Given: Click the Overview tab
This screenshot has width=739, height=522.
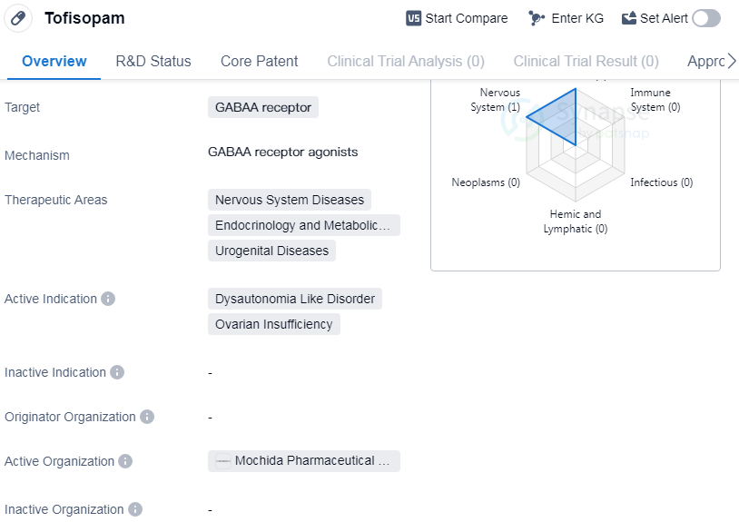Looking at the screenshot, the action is [x=54, y=61].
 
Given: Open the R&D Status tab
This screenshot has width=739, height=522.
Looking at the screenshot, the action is [x=153, y=61].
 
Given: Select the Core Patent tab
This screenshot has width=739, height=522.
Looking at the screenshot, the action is [x=260, y=61].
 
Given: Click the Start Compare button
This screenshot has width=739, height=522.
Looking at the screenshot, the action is [x=457, y=18].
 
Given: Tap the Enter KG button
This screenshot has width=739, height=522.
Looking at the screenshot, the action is [x=566, y=18].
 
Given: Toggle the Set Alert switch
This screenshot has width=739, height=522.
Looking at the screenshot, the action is [x=706, y=18].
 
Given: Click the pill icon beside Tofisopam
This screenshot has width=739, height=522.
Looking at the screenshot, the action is [x=18, y=18].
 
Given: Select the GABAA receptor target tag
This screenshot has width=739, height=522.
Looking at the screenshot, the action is [x=263, y=107].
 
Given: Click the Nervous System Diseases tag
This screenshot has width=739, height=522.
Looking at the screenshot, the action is [x=290, y=200].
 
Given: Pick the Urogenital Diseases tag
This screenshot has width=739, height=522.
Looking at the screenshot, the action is [x=271, y=251].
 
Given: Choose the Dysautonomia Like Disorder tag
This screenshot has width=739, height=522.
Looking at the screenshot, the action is [x=294, y=299].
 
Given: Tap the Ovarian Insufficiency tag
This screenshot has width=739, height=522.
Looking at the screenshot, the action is [x=274, y=324].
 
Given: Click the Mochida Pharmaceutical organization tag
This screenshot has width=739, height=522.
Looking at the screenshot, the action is [x=304, y=461].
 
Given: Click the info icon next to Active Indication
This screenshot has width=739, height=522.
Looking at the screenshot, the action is [x=108, y=299].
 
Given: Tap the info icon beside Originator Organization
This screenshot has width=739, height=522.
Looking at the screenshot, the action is [x=147, y=417].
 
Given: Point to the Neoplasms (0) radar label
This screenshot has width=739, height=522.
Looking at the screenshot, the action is [x=486, y=182].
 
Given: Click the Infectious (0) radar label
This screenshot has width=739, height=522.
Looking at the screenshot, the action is [x=662, y=182].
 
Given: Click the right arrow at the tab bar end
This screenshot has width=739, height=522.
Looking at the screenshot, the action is [x=732, y=61].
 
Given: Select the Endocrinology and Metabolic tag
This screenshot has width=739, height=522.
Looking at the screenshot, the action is [x=304, y=225].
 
